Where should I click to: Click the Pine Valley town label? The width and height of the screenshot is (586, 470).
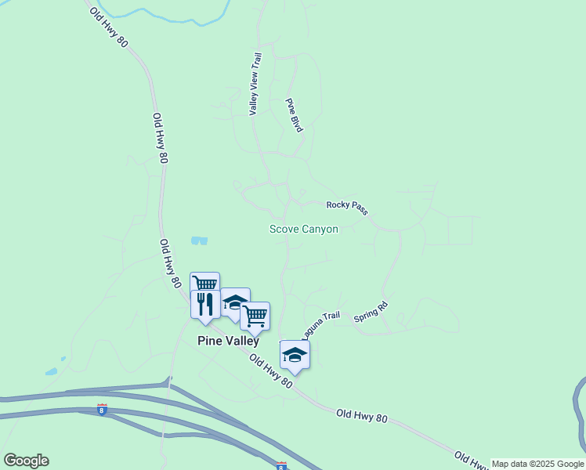coord(227,342)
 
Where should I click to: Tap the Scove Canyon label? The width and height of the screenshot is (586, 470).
coord(304,230)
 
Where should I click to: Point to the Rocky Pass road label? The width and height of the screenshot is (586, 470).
coord(347,207)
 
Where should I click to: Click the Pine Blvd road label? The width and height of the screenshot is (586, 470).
coord(294,115)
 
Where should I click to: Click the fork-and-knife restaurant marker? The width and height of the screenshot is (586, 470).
coord(205,304)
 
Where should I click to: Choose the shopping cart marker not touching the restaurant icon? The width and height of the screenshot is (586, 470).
coord(255,316)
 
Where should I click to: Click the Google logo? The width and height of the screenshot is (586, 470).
coord(26,461)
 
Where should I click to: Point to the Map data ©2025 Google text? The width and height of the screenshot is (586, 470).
coord(537,464)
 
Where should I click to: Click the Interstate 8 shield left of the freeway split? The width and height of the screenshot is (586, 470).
coord(102,409)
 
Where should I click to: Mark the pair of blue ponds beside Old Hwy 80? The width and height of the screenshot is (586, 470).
coord(199,240)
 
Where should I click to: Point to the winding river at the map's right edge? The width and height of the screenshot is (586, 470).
coord(580,415)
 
